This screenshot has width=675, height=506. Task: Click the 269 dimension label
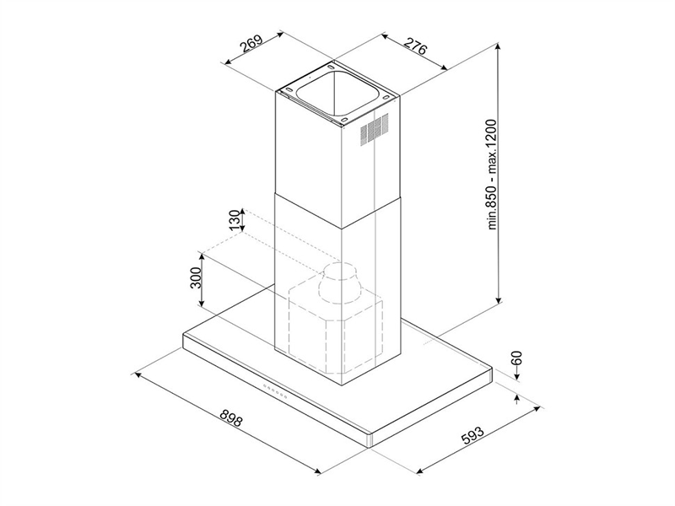click(x=251, y=44)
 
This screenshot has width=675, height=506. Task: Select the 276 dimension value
click(x=415, y=46)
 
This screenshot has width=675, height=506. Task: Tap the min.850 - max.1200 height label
click(x=493, y=175)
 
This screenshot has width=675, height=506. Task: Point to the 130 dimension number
click(x=235, y=220)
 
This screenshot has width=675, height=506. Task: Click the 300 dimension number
click(x=196, y=278)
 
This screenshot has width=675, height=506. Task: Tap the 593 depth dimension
click(x=472, y=434)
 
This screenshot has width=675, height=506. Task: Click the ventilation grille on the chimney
click(x=374, y=127)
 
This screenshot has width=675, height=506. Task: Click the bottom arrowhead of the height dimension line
click(x=499, y=299)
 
